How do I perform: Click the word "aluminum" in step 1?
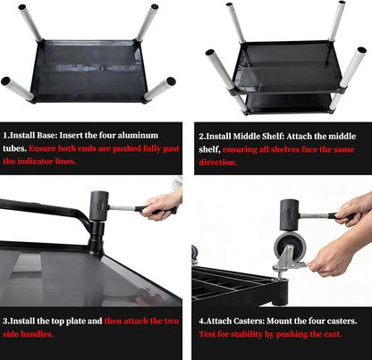[x=138, y=136]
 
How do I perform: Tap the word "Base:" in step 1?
[x=46, y=136]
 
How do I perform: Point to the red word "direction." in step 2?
[x=218, y=163]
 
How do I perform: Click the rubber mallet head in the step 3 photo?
[x=99, y=205]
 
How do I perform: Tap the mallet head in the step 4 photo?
[x=289, y=215]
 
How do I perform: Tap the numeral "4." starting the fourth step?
[x=202, y=322]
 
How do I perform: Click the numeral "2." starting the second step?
[x=202, y=137]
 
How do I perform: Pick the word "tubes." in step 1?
[x=14, y=148]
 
